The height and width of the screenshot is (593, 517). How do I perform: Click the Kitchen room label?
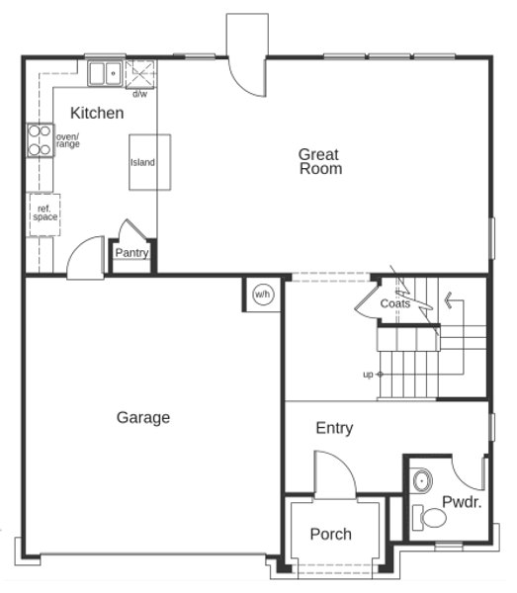click(x=97, y=113)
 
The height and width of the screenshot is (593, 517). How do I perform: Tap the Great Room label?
click(x=320, y=161)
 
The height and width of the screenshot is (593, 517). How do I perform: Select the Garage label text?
click(x=143, y=418)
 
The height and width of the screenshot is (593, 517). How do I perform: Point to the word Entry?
click(x=334, y=429)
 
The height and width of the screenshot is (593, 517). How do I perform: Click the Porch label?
click(x=331, y=534)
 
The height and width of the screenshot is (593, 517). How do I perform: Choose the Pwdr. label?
click(x=462, y=502)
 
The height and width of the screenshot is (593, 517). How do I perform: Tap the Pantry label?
click(x=131, y=253)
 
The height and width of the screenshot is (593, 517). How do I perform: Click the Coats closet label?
click(x=395, y=303)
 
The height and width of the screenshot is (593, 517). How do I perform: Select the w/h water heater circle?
click(x=263, y=295)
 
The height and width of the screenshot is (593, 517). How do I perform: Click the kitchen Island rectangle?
click(x=150, y=162)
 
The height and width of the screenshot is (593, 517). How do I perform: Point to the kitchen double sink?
click(x=105, y=73)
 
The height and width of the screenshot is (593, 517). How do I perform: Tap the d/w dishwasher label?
click(x=140, y=94)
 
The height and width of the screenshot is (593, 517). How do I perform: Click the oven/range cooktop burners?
click(x=40, y=140)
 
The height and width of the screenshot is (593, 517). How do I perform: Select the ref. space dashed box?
click(x=45, y=214)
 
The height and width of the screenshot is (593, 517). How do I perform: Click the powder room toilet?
click(x=429, y=517)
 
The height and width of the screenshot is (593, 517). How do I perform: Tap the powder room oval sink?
click(x=422, y=480)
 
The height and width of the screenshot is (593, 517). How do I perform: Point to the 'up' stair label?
click(x=368, y=375)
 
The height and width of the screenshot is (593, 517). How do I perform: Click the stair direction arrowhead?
click(x=449, y=300)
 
